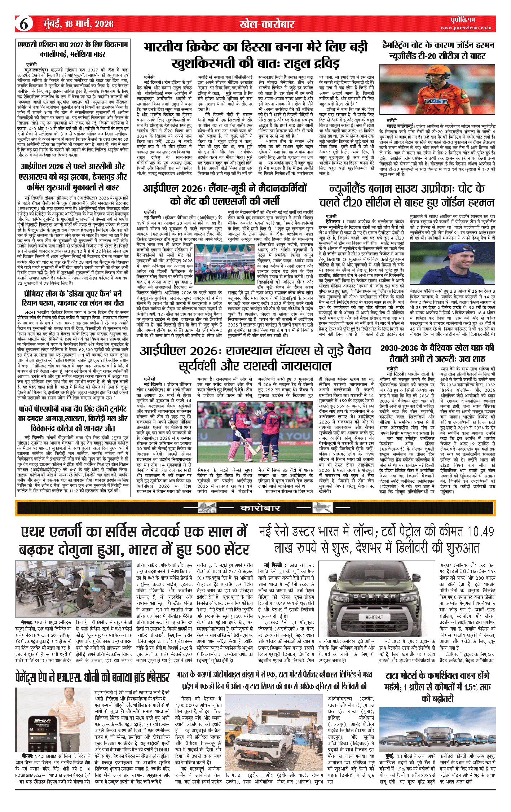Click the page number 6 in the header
point(24,24)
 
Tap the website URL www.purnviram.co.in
point(466,28)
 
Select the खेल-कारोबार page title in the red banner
point(267,24)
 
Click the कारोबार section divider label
point(260,508)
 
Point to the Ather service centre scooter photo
point(74,589)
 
